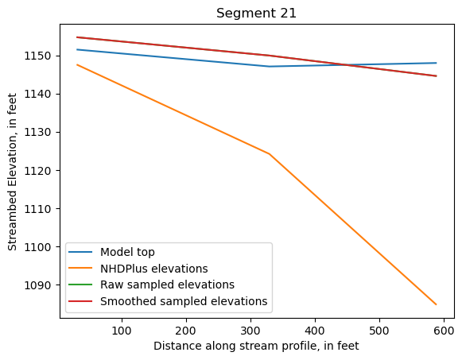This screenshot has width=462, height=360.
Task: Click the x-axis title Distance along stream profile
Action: click(257, 346)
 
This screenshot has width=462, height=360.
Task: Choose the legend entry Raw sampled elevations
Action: click(164, 285)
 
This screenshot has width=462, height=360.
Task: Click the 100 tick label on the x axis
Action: click(122, 330)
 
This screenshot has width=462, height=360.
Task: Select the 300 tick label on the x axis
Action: click(250, 330)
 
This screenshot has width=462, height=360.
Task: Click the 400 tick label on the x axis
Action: click(315, 330)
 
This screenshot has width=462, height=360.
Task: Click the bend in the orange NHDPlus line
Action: click(269, 153)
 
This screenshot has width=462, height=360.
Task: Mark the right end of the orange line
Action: click(437, 304)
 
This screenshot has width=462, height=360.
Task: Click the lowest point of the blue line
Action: click(269, 66)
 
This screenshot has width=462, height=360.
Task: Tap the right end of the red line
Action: click(437, 76)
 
